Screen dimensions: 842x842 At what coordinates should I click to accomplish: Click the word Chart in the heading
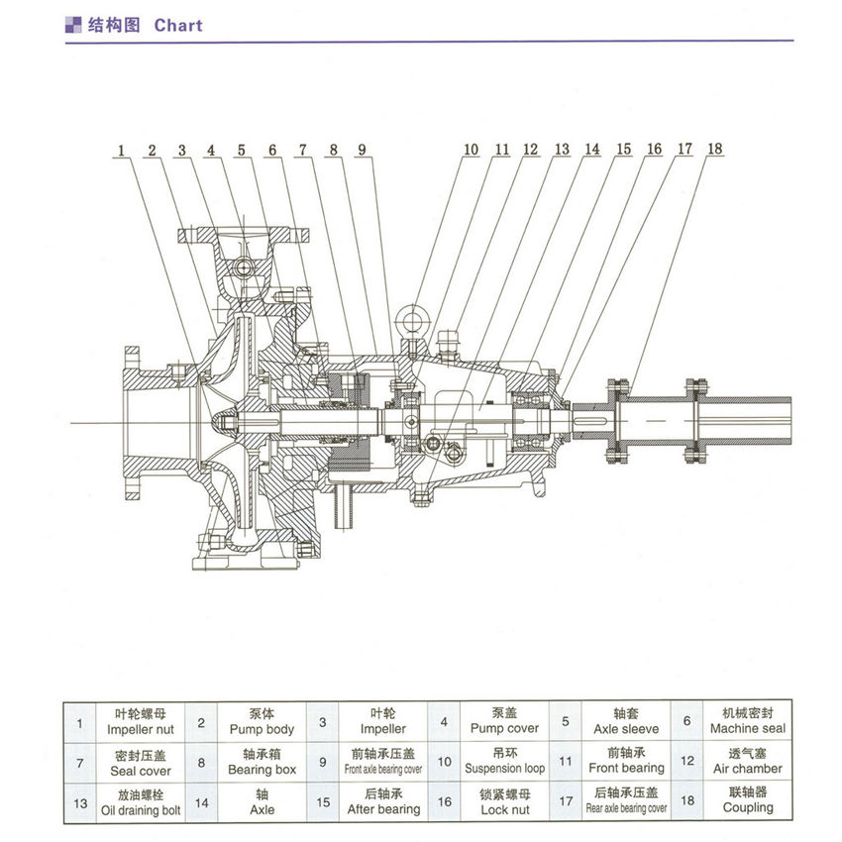178,25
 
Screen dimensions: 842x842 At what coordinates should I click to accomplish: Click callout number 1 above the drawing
121,151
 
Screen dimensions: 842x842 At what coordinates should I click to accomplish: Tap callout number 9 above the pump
363,151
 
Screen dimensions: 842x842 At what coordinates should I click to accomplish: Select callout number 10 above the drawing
470,150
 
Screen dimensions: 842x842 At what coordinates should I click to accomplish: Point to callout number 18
714,150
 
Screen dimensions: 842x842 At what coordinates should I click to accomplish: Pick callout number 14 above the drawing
592,150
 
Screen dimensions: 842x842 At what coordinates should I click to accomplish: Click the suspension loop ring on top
410,320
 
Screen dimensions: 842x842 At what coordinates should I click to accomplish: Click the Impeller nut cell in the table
140,721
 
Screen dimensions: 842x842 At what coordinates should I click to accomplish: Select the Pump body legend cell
262,721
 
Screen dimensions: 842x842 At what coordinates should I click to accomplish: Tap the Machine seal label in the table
748,720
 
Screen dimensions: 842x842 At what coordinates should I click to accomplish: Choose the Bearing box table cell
262,762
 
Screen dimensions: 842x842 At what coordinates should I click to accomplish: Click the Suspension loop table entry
505,761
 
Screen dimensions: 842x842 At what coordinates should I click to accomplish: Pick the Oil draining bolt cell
140,801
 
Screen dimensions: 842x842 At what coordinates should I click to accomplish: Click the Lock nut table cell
505,801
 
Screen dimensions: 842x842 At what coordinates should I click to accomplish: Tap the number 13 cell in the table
79,801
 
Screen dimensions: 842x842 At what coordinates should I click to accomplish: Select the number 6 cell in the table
685,721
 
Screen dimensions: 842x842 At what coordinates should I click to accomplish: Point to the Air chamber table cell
748,761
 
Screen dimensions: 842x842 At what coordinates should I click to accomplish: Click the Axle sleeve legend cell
625,721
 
